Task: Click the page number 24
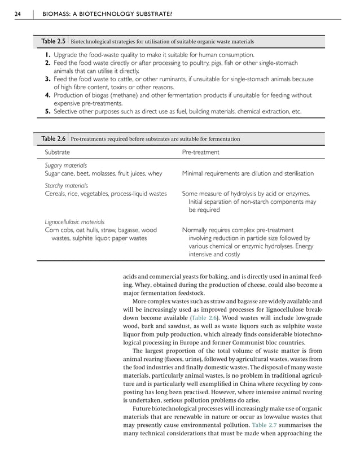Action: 18,14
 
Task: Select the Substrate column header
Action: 57,152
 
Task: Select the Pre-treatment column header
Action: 200,152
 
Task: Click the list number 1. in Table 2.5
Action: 48,55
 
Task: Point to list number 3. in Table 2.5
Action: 48,80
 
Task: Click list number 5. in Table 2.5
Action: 48,112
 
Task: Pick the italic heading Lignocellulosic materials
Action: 74,222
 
